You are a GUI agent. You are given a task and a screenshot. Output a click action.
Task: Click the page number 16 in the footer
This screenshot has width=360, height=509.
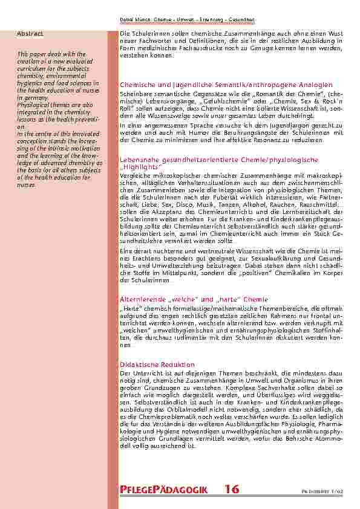pos(231,489)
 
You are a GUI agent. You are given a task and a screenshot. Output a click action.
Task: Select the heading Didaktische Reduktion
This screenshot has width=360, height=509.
pos(157,365)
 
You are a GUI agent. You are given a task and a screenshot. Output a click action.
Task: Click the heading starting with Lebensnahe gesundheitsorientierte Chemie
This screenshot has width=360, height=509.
pos(219,160)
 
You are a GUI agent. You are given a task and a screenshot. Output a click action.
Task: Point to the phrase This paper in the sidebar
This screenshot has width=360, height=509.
pos(34,54)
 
